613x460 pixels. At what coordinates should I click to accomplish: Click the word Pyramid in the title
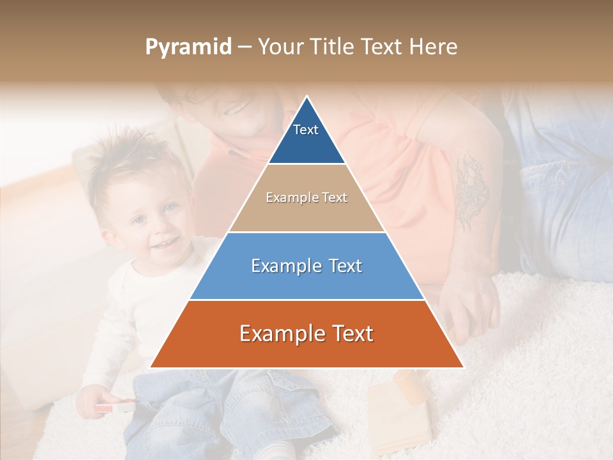(188, 47)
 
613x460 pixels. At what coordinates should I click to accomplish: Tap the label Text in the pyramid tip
(305, 130)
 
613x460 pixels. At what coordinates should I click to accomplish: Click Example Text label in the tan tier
(306, 197)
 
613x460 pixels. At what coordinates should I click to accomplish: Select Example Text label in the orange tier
(306, 333)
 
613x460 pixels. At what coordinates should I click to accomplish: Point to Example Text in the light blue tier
(306, 266)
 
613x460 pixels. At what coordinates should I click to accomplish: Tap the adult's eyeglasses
(198, 96)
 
